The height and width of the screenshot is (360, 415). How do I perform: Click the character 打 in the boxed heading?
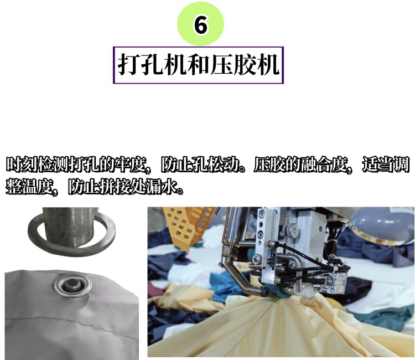click(128, 64)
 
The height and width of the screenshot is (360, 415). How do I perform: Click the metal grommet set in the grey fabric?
click(71, 287)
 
